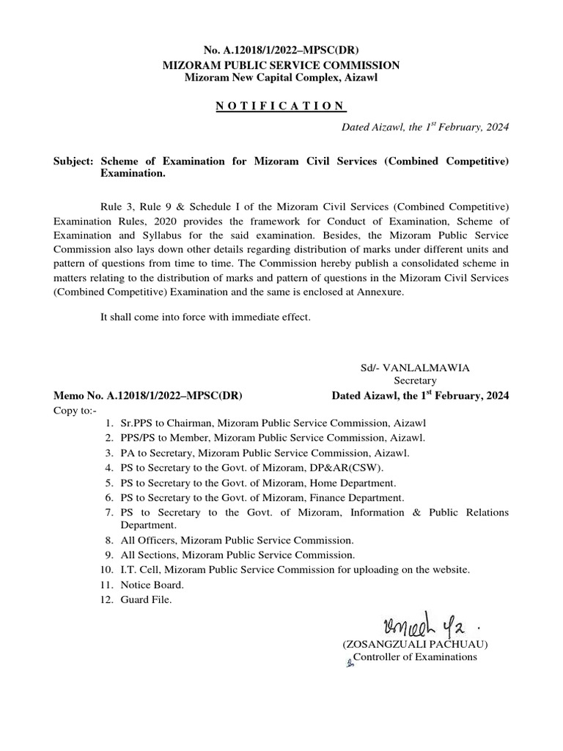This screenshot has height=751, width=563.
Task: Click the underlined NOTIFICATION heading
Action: [281, 106]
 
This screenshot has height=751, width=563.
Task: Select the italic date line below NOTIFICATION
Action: [426, 127]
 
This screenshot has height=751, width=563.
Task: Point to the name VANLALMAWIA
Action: [427, 367]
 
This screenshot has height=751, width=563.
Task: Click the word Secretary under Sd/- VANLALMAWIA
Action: [415, 381]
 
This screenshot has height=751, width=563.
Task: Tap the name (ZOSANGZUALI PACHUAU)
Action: [415, 644]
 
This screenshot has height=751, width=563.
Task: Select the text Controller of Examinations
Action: [415, 657]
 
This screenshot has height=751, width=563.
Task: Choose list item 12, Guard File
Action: [147, 600]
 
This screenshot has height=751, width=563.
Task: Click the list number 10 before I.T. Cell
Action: [107, 570]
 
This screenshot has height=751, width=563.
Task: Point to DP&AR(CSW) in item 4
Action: [347, 467]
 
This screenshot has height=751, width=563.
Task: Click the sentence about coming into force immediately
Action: [205, 317]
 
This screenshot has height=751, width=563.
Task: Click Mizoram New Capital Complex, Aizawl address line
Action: [281, 78]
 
